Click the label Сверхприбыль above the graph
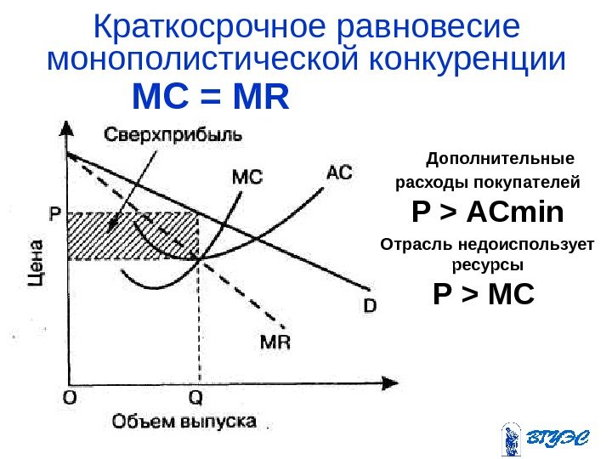point(173,134)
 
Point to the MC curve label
point(247,178)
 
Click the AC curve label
point(338,172)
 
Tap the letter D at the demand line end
point(370,303)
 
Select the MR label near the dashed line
point(275,342)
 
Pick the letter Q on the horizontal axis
point(196,397)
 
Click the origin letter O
point(67,397)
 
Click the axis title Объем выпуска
point(184,421)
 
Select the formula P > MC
point(483,295)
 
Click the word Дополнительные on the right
point(500,159)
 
